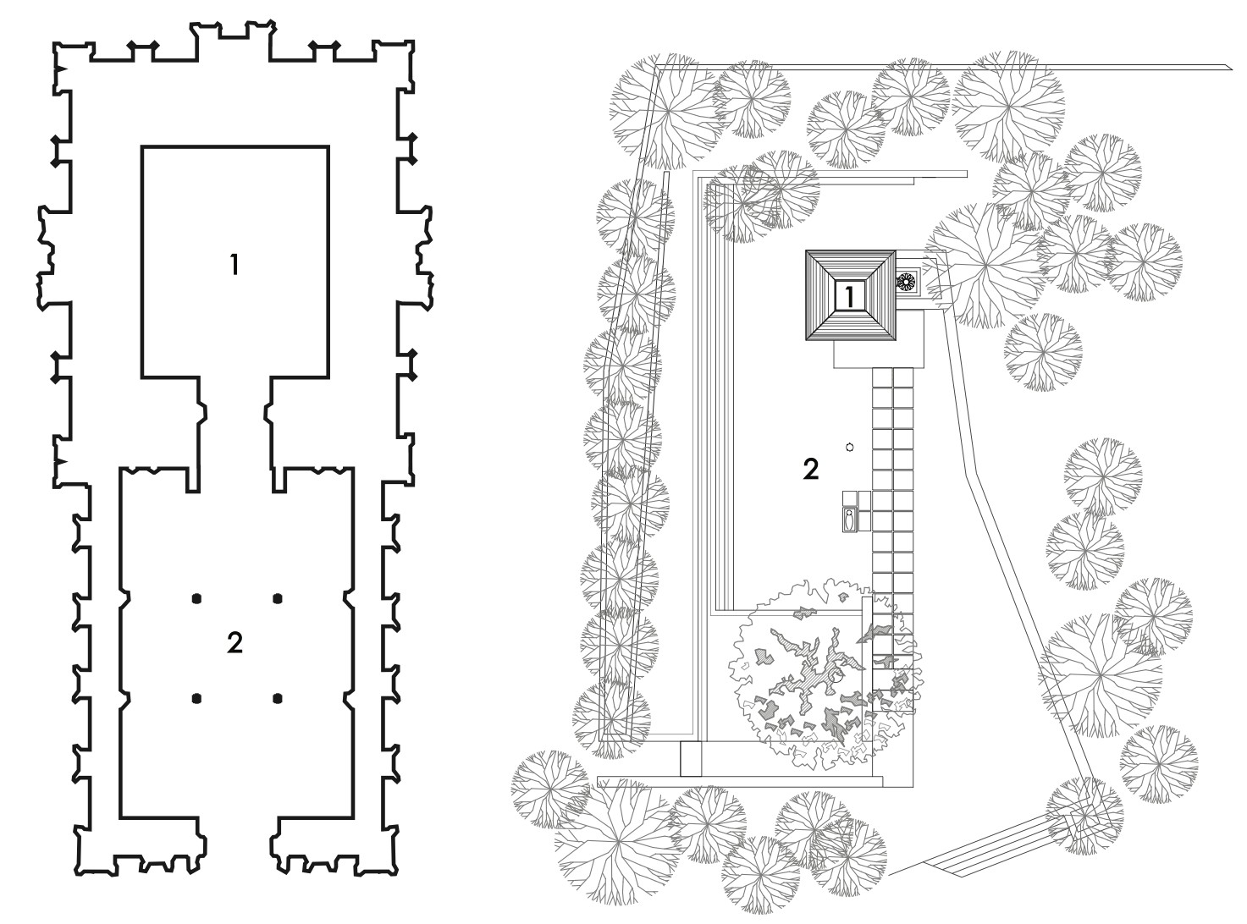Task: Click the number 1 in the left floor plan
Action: coord(235,265)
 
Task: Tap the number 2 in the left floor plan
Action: coord(235,643)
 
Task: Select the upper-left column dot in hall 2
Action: coord(196,599)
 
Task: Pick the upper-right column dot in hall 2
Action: coord(277,599)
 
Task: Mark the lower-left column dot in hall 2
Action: coord(196,699)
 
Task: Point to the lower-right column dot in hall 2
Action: coord(277,699)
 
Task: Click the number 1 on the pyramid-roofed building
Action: coord(849,295)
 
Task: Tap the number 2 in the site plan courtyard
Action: coord(810,470)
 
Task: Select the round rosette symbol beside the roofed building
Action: coord(905,281)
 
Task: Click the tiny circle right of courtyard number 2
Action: coord(849,448)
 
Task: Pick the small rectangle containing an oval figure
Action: coord(849,520)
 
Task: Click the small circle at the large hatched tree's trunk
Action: coord(837,677)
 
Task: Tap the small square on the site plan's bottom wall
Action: coord(691,759)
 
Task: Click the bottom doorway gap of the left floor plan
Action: coord(238,843)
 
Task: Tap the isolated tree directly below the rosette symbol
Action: coord(1043,352)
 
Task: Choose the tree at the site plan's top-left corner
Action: coord(666,111)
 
